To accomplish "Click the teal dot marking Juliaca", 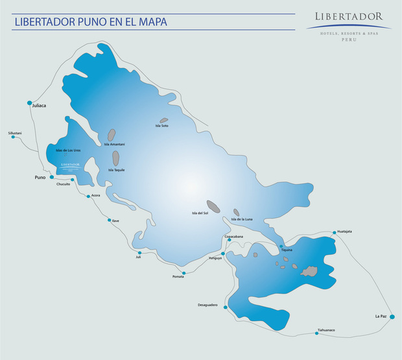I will click(29, 102).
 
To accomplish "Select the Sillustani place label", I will click(15, 133).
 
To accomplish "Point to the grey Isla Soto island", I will click(164, 121).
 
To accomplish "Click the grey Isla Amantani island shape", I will click(112, 135).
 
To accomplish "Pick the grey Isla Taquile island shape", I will click(116, 158).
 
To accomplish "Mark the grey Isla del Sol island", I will click(213, 206).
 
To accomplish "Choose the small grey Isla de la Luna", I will click(236, 212).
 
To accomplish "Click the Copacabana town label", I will click(233, 237).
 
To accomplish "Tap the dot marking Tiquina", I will click(281, 246).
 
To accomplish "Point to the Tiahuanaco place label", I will click(325, 330).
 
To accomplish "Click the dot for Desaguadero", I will click(224, 307).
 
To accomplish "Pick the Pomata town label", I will click(178, 277).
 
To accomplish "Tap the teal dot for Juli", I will click(139, 252).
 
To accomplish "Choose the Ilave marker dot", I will click(110, 220).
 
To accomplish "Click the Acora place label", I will click(95, 195).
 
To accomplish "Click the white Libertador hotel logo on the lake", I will click(69, 165).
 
